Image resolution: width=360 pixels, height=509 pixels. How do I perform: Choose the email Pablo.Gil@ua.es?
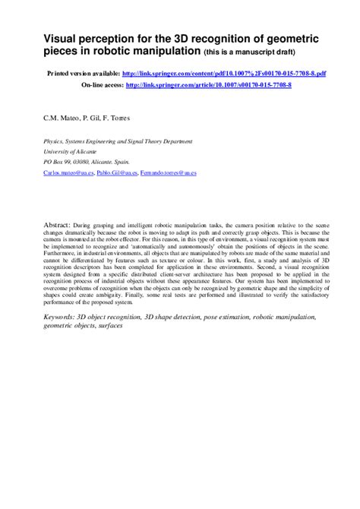tap(117, 173)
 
